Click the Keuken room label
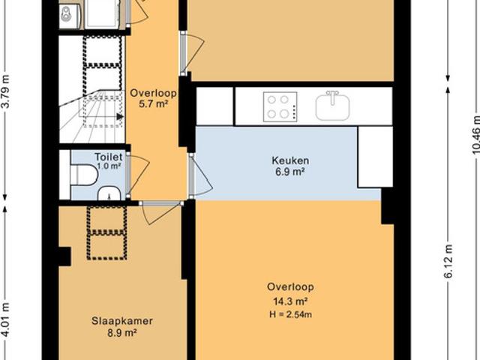click(x=290, y=160)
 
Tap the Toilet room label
click(x=109, y=157)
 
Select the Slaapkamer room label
click(x=122, y=321)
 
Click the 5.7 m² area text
click(x=153, y=104)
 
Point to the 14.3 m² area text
click(x=290, y=301)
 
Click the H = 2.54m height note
click(x=290, y=314)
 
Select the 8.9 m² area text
click(x=122, y=333)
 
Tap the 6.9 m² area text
click(x=290, y=172)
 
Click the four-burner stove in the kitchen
click(x=280, y=106)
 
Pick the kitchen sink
click(x=332, y=106)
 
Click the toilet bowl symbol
click(x=84, y=175)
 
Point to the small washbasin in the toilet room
click(x=109, y=193)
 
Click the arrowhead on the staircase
click(x=120, y=117)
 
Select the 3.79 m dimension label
click(x=6, y=91)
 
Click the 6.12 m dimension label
click(x=448, y=261)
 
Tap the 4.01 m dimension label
click(x=5, y=319)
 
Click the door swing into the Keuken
click(x=203, y=175)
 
